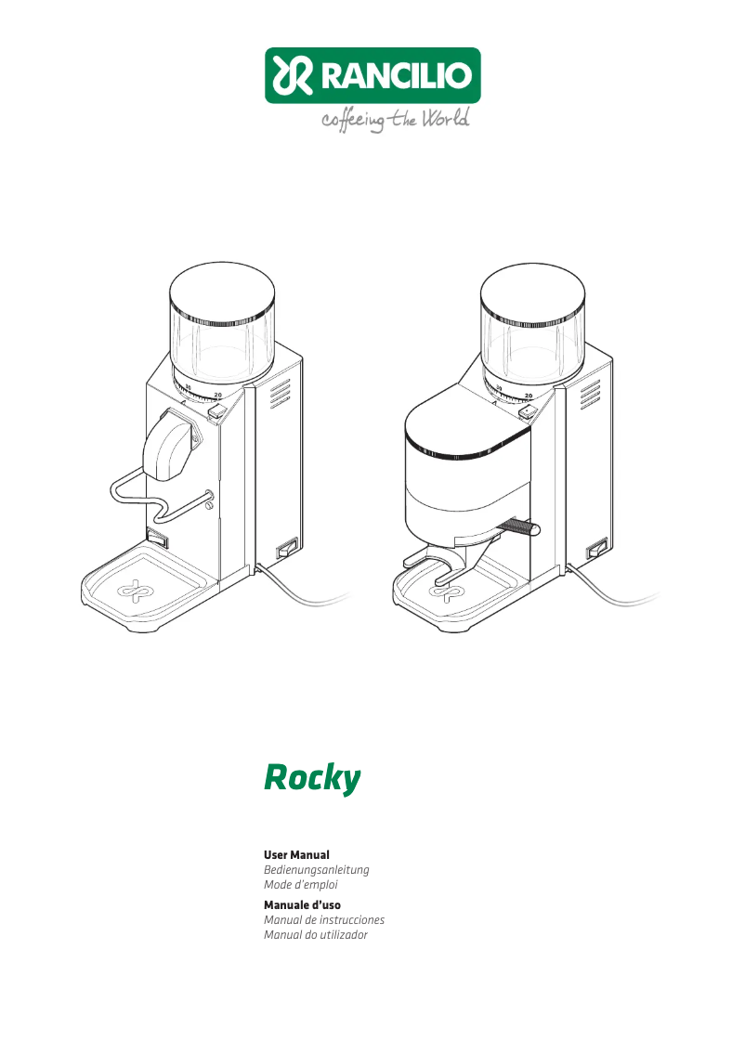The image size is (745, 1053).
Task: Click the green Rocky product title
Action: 312,778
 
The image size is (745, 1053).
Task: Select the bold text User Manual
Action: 296,854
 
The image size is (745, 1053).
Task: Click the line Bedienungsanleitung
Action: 317,870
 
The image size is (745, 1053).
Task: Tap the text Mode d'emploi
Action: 300,885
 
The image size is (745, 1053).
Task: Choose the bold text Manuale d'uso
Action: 302,904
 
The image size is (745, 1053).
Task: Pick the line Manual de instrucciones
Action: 324,920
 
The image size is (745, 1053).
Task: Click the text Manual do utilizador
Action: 316,935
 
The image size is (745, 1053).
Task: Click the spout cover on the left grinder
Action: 168,446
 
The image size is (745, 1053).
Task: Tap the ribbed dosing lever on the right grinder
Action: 518,527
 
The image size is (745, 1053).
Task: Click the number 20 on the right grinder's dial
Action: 528,396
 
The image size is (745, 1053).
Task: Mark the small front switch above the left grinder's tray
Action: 156,536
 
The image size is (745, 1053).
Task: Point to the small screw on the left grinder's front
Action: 209,507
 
